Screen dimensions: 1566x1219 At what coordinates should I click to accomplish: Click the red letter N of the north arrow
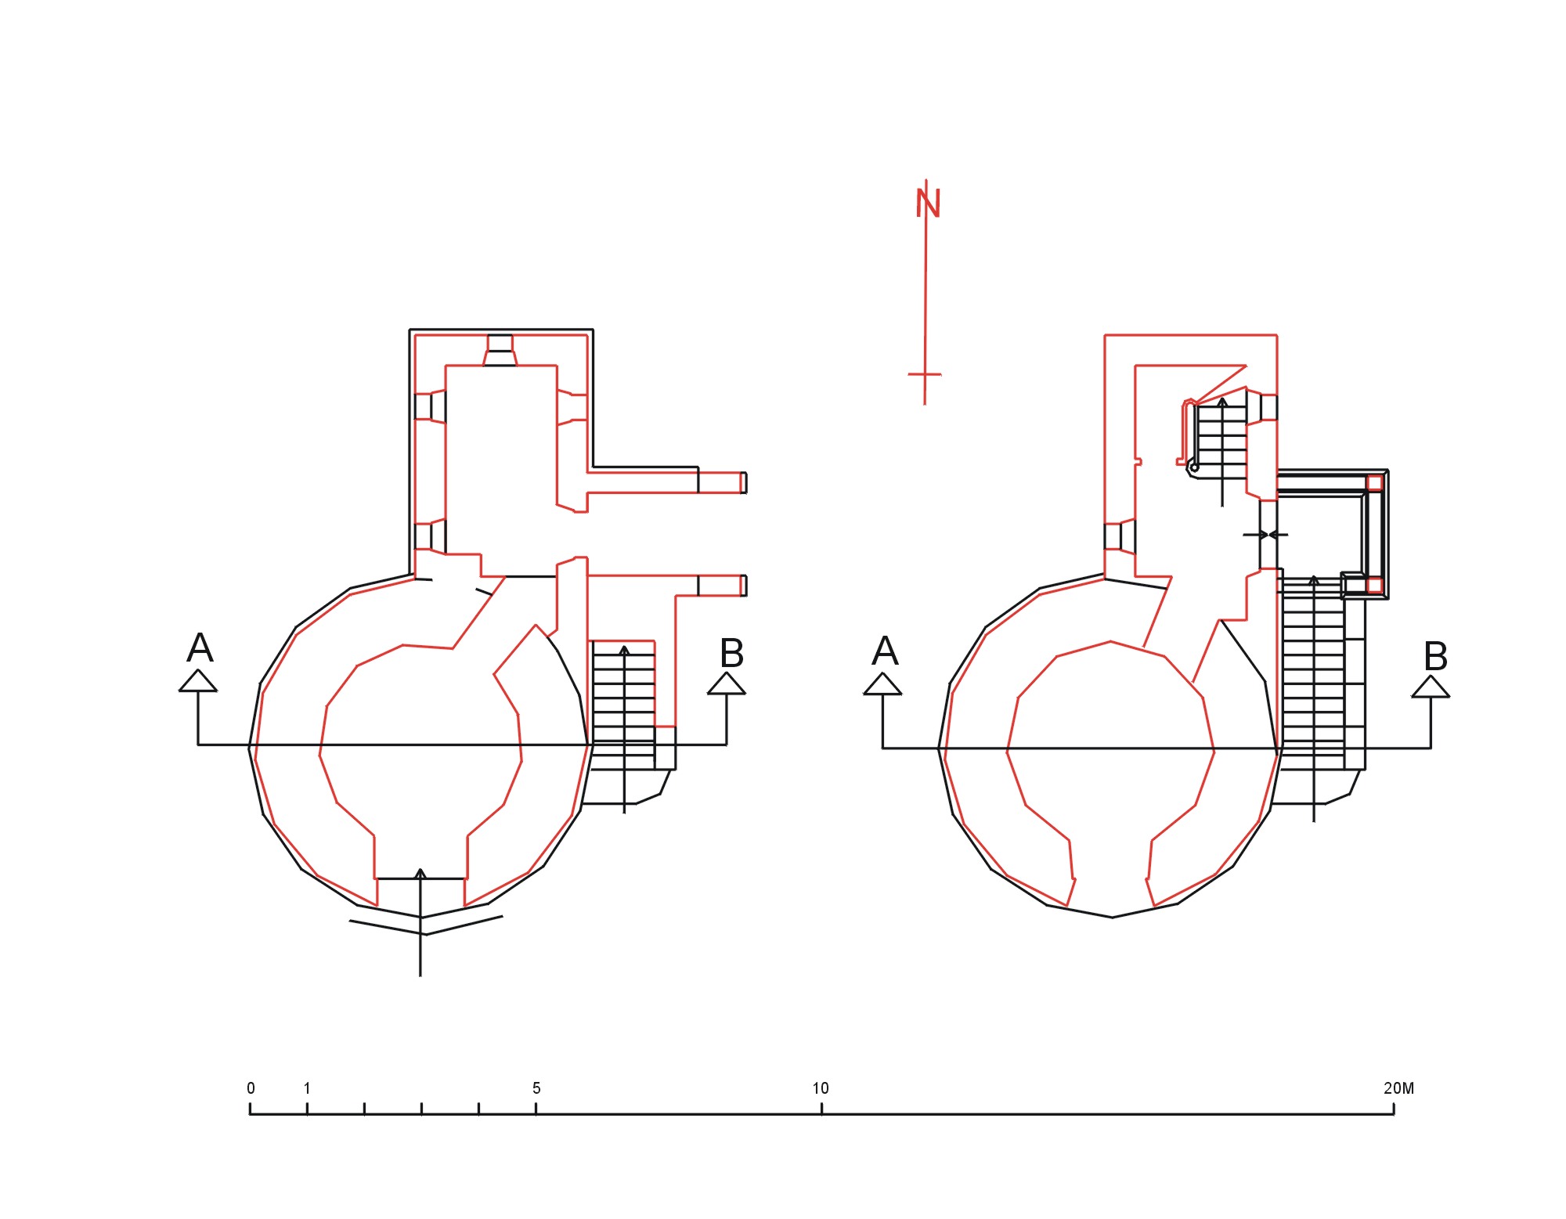(928, 203)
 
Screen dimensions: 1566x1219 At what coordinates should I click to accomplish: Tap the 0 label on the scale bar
(251, 1088)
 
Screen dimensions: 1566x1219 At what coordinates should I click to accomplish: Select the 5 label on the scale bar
(536, 1088)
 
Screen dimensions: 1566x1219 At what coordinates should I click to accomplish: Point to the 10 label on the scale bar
(821, 1088)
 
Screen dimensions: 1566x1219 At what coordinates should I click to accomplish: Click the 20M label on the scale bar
(1399, 1088)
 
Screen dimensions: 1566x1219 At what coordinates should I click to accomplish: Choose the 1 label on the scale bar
(307, 1088)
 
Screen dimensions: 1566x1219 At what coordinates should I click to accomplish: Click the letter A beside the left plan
(200, 648)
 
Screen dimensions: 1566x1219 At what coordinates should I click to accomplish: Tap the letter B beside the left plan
(731, 653)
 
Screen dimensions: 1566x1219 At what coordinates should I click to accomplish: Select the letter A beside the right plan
(885, 651)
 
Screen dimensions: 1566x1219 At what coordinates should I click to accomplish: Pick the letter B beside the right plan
(1436, 656)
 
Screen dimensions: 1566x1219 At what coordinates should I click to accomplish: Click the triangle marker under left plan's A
(198, 681)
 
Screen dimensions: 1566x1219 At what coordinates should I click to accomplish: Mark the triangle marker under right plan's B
(1431, 687)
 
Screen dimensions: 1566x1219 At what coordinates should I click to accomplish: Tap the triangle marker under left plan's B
(727, 683)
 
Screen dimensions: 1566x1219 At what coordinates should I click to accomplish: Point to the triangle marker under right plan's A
(882, 684)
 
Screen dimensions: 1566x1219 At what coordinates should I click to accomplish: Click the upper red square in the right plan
(1374, 482)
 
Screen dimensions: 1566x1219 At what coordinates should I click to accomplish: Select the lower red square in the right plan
(1374, 585)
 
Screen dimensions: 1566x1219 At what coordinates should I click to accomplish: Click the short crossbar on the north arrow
(925, 374)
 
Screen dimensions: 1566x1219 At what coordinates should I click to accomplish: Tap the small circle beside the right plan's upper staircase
(1194, 467)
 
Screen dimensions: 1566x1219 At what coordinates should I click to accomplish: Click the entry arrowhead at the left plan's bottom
(420, 873)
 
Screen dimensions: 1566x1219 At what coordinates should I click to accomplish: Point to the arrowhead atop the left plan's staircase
(624, 650)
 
